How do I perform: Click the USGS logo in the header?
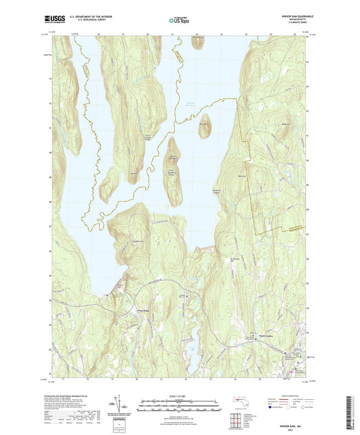point(54,19)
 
